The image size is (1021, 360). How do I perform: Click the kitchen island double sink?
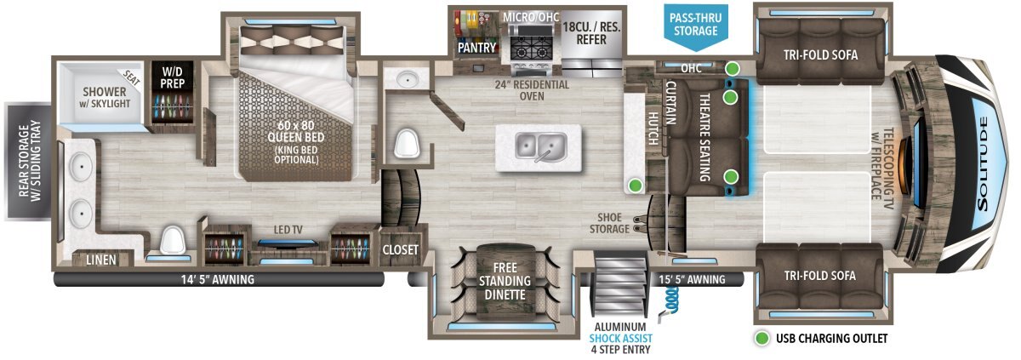tap(541, 146)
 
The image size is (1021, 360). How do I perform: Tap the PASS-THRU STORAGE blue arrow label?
tap(696, 27)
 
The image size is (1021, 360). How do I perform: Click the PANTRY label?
tap(476, 48)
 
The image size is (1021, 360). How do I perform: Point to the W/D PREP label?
tap(172, 77)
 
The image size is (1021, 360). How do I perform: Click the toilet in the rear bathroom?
tap(171, 240)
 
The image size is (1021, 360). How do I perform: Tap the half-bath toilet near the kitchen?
tap(406, 143)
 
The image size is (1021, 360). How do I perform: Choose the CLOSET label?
tap(400, 249)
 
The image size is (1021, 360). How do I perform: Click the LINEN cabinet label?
tap(101, 260)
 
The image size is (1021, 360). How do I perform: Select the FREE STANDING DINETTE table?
tap(505, 281)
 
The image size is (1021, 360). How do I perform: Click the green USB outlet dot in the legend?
tap(761, 339)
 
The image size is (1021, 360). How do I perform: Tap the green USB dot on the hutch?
tap(635, 186)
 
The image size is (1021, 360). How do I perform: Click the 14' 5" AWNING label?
tap(218, 279)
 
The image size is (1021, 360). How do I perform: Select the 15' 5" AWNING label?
tap(692, 279)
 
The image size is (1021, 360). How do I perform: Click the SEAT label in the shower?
tap(131, 79)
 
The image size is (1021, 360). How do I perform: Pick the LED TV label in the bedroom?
tap(288, 230)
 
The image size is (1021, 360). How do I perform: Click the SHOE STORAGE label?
tap(609, 223)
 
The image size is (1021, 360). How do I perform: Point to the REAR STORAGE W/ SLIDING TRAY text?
tap(30, 161)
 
